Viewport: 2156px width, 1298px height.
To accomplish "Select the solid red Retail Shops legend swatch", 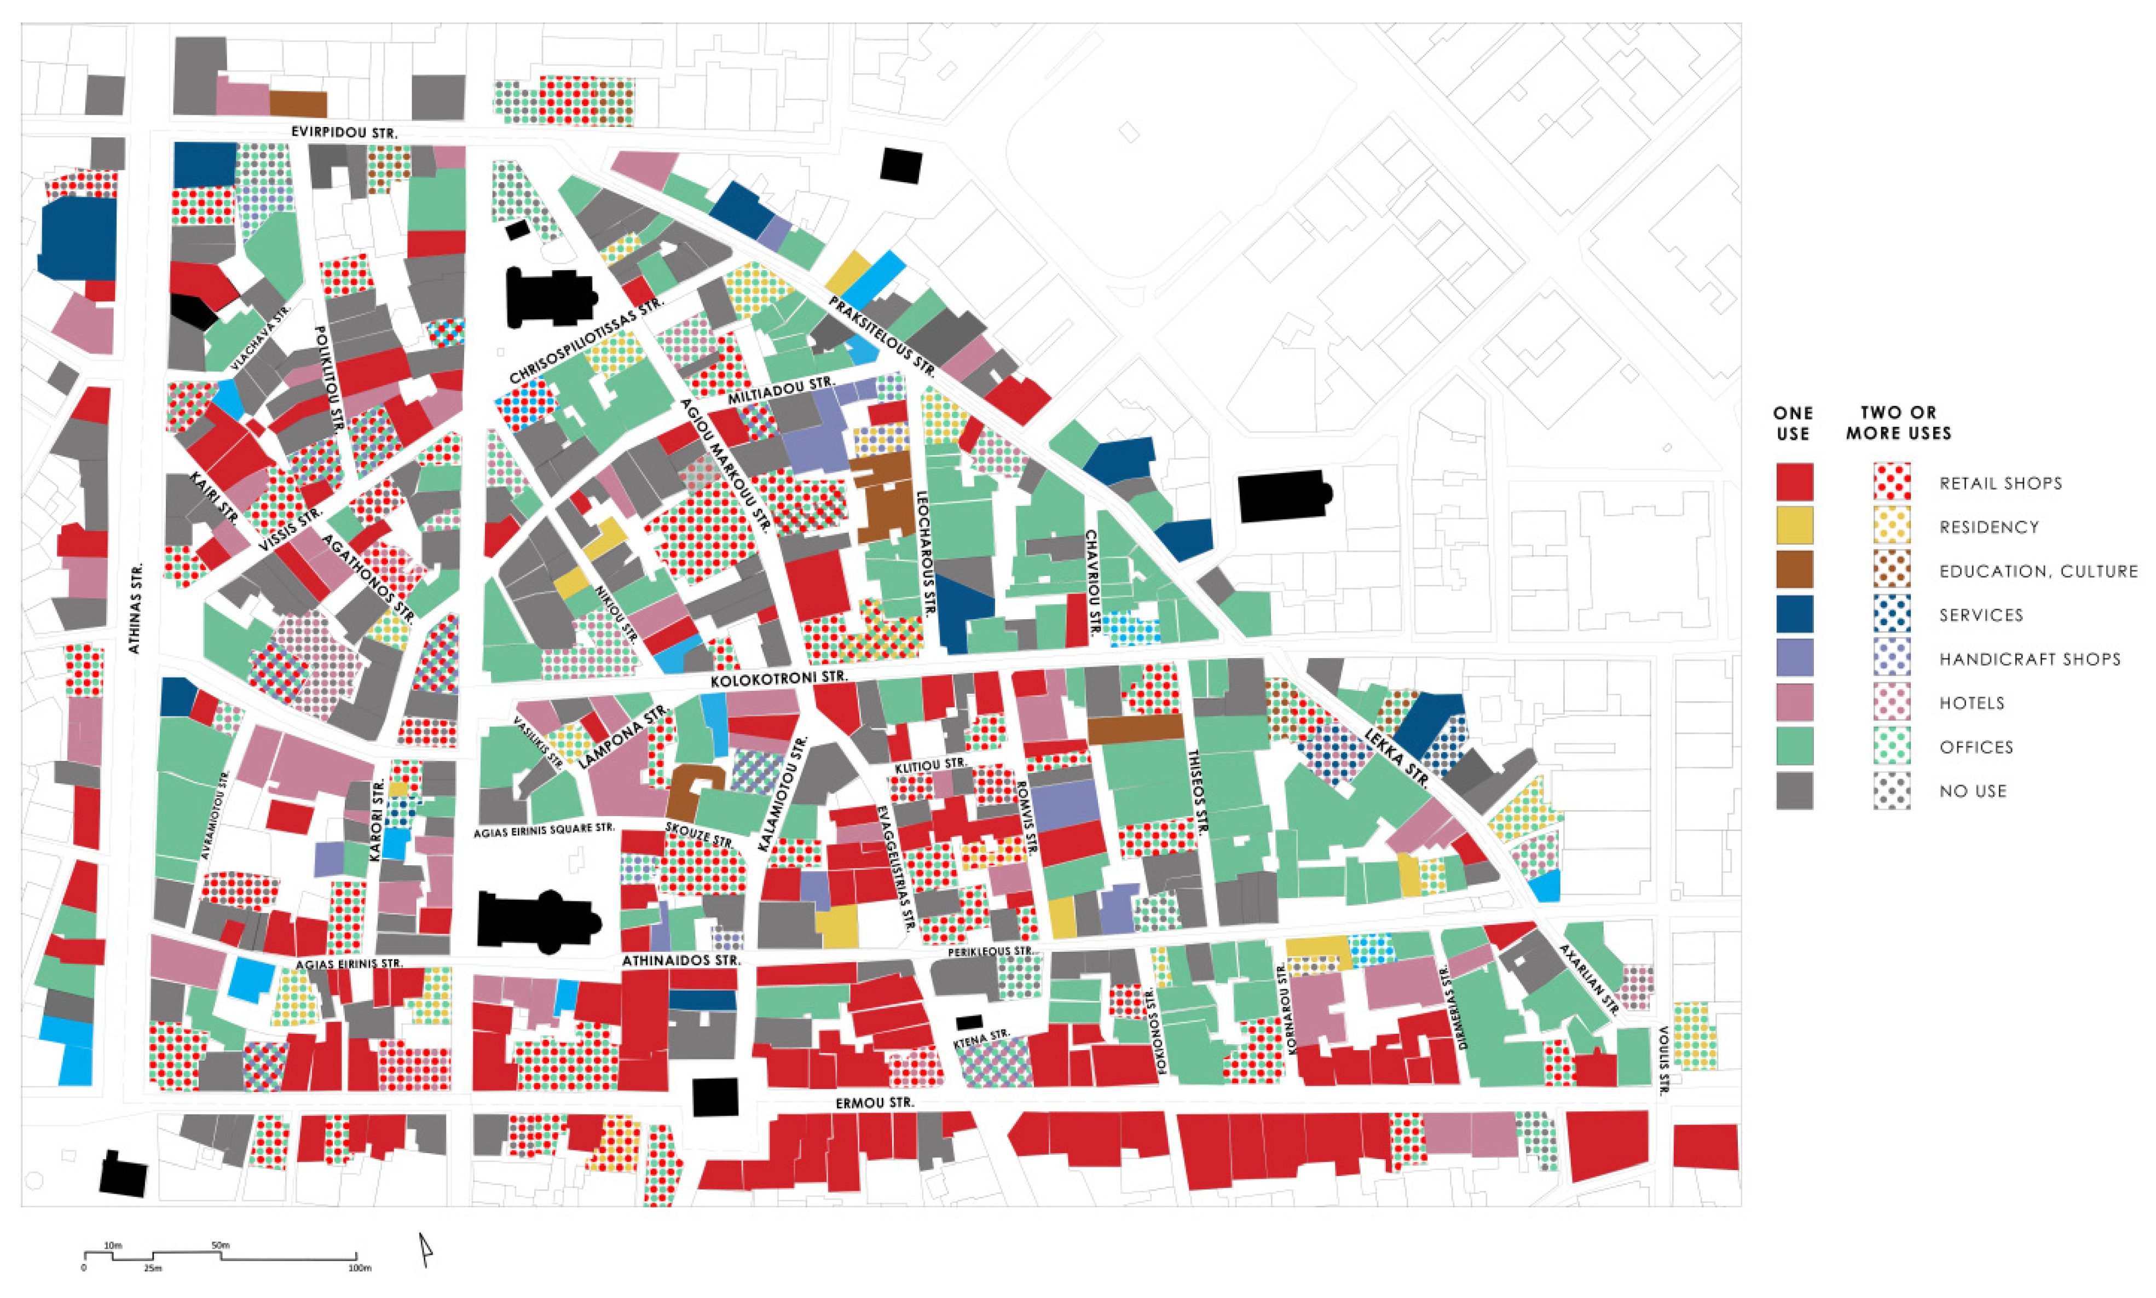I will point(1794,482).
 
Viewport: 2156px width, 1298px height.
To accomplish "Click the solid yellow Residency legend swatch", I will point(1794,526).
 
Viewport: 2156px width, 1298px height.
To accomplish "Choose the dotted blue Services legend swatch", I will point(1892,614).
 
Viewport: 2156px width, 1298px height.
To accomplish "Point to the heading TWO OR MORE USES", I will point(1898,422).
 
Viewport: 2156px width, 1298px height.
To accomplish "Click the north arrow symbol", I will point(425,1249).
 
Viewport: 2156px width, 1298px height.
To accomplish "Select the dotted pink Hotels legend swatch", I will point(1892,702).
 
